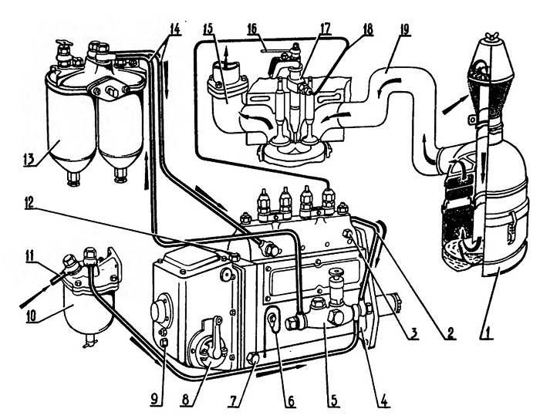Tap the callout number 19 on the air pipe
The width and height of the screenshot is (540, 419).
404,29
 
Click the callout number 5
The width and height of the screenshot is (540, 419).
333,400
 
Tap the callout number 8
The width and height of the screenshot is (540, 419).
186,400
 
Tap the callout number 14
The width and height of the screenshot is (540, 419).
174,29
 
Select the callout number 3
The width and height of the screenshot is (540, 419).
413,333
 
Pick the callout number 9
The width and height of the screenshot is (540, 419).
154,400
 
